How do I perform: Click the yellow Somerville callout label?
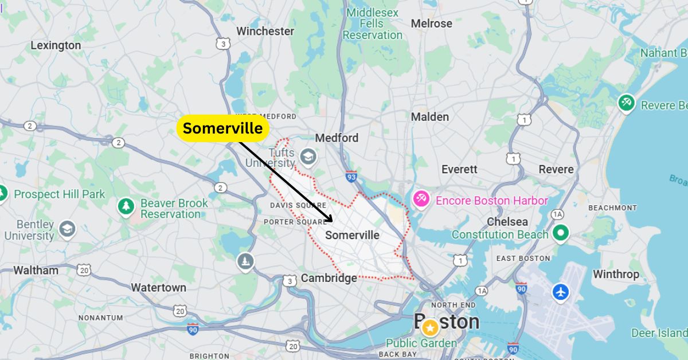223,128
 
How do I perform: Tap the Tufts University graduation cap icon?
308,155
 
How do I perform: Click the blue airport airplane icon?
560,292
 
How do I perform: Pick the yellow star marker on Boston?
429,328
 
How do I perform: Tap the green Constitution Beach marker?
561,233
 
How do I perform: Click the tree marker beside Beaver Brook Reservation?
126,207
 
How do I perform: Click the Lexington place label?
56,45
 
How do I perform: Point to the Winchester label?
265,31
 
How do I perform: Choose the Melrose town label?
431,24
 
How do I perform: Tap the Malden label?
430,117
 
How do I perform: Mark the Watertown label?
158,287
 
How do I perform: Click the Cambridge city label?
329,278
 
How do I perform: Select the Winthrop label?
616,274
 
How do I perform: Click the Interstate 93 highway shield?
351,177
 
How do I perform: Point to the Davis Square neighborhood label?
298,205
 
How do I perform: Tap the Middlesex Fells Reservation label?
373,24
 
